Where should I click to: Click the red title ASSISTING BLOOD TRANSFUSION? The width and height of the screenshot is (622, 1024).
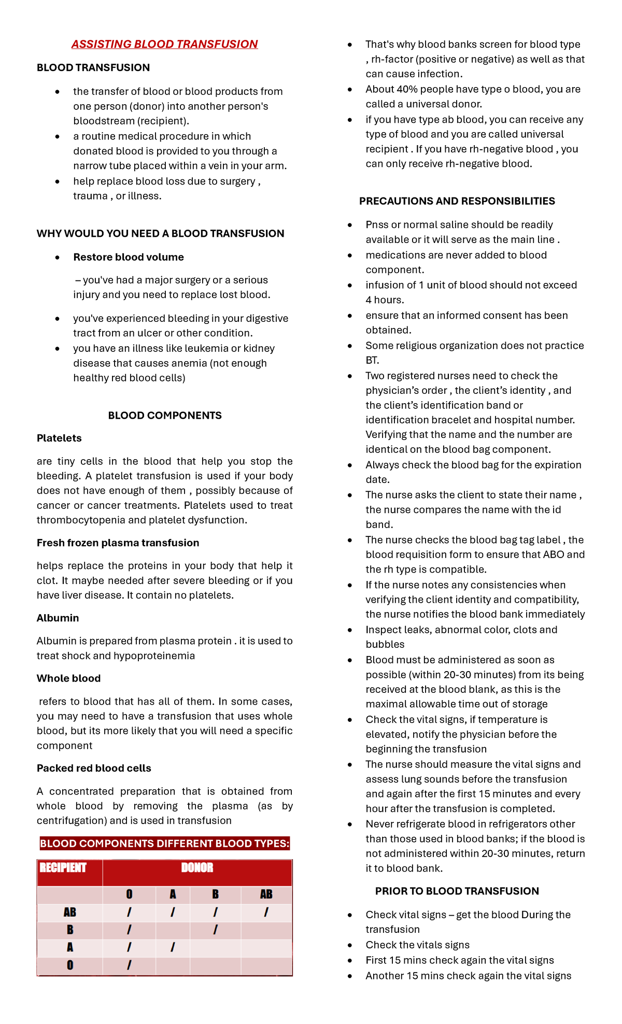164,44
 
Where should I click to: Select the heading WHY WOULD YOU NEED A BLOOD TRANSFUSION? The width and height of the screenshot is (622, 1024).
160,233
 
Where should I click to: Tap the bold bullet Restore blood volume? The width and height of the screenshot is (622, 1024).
129,257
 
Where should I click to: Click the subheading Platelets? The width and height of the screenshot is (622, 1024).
59,438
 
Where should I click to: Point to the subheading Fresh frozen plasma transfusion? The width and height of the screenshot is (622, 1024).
118,543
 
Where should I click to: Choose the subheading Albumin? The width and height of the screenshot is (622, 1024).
58,618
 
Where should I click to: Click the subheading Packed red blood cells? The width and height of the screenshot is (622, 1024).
94,768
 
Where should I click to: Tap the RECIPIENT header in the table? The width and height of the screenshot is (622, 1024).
63,867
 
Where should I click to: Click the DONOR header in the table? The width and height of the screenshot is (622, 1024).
197,867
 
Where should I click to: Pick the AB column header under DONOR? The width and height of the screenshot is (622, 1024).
266,894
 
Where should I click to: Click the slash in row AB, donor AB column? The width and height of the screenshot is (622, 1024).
266,912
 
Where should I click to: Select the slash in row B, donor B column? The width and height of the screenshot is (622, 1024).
215,930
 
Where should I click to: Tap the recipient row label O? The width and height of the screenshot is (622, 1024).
70,965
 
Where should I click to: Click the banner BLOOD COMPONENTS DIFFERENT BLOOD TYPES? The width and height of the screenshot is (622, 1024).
164,843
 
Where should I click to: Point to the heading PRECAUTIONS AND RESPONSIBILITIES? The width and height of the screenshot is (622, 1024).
457,201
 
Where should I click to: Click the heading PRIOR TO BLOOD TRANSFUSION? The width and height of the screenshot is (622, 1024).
457,891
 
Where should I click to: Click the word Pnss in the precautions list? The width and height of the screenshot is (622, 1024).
377,224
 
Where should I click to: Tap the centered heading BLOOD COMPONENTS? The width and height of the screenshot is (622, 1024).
164,415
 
